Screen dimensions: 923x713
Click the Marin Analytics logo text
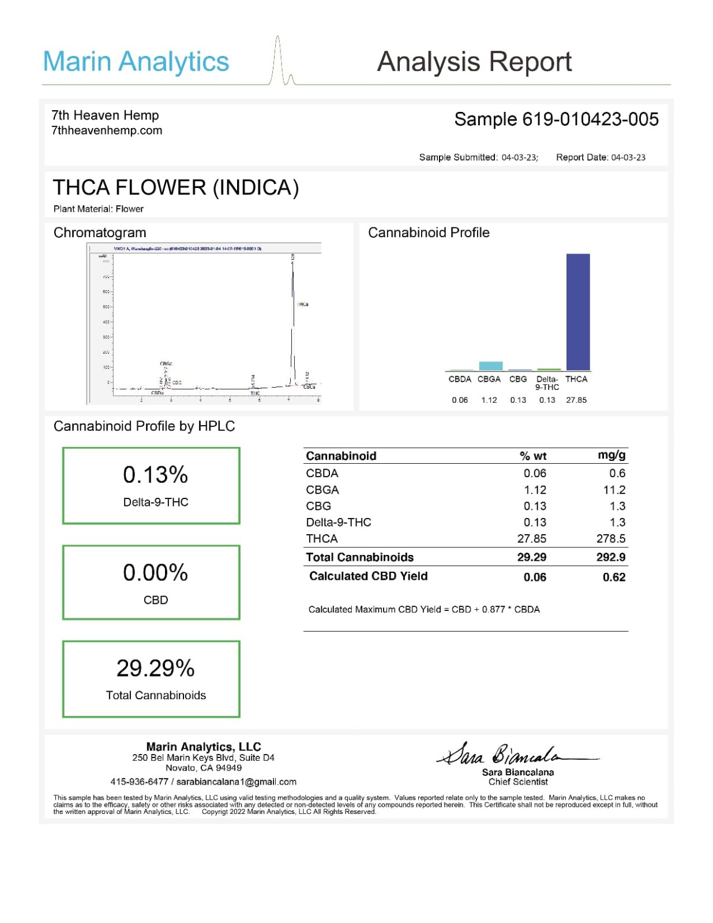point(136,62)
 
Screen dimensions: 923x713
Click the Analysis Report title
point(474,62)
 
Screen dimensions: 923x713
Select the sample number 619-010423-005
point(590,119)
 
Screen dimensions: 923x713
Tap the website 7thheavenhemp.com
point(107,130)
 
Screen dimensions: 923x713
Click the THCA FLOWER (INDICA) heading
point(176,187)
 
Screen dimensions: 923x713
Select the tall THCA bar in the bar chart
point(577,312)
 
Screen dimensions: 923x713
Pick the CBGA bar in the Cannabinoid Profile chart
point(490,366)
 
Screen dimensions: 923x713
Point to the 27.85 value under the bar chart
point(576,400)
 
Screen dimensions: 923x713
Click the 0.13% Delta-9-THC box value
point(155,475)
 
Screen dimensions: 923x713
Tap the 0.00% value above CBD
point(155,573)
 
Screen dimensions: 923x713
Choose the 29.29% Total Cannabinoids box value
point(155,668)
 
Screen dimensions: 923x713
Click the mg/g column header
point(611,455)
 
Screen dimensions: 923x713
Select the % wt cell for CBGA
point(535,490)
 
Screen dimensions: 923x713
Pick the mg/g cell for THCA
point(611,538)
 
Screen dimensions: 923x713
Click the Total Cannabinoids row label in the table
point(359,557)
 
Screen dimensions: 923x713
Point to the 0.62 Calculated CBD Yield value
point(614,577)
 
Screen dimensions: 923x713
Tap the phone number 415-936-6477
point(139,782)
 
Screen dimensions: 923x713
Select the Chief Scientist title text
point(518,782)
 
